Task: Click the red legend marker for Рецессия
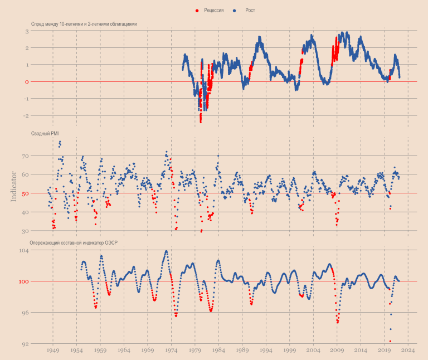[197, 11]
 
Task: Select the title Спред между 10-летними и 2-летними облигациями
[84, 24]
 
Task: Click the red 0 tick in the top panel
[26, 82]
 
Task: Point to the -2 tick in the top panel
[25, 116]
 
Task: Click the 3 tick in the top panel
[26, 31]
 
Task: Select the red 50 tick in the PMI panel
[25, 193]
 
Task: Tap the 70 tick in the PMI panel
[25, 156]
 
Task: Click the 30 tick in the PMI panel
[25, 231]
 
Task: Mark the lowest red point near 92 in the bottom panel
[390, 341]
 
